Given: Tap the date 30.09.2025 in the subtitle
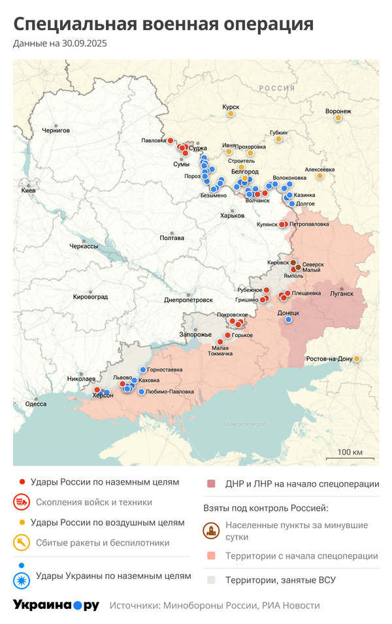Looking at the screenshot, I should (84, 44).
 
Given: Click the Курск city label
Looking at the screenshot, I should (231, 107).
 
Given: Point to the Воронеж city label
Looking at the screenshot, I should (338, 111).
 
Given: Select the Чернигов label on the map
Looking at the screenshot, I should (56, 131).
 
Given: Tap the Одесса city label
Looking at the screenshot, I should (35, 404).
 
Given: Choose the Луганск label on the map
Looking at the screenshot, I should (341, 293).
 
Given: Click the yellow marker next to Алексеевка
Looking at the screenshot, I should (319, 175).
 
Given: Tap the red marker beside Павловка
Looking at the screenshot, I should (171, 141).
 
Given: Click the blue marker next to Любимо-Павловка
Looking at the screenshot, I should (141, 392).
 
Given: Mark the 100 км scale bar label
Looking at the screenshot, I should (350, 453).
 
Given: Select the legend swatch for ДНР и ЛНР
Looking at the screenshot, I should (211, 484).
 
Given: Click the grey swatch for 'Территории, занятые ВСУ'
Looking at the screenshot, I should (211, 580).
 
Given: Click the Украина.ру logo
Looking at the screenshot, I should (56, 605).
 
